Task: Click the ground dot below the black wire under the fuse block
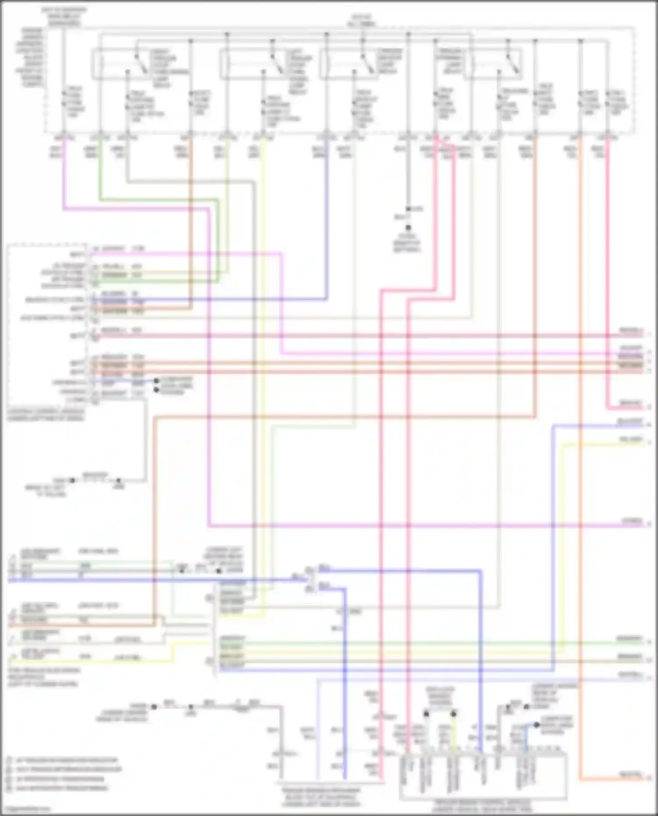[x=408, y=228]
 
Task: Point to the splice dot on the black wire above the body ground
[x=408, y=209]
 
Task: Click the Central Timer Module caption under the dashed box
[x=46, y=415]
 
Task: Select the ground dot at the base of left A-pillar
[x=72, y=481]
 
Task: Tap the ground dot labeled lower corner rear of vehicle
[x=154, y=706]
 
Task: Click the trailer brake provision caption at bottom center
[x=321, y=797]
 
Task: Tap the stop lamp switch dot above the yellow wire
[x=454, y=714]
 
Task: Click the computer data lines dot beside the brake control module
[x=536, y=725]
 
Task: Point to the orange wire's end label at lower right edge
[x=631, y=775]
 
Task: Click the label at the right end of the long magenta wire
[x=632, y=521]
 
